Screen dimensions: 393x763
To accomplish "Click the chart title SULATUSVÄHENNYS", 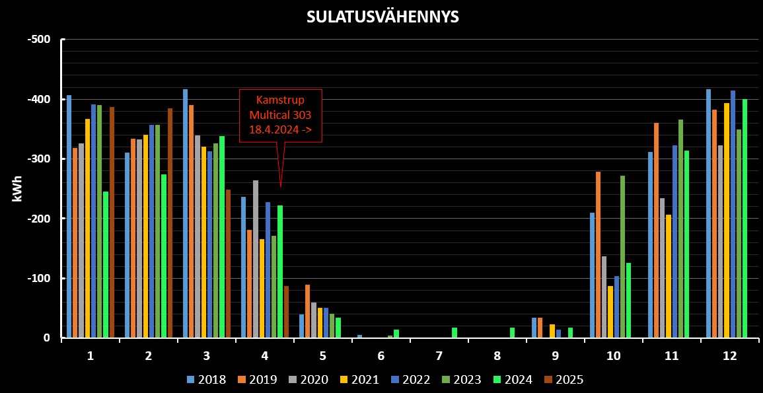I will tap(382, 17).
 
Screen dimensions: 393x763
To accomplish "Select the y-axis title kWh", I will tap(18, 189).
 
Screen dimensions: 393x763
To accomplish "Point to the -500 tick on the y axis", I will tap(39, 40).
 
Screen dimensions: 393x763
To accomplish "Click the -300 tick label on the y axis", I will tap(39, 159).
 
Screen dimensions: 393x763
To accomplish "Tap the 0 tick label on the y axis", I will tap(47, 338).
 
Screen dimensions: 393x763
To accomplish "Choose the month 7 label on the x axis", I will tap(439, 355).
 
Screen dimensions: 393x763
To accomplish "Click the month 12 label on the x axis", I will tap(729, 355).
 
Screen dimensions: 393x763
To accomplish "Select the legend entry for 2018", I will tap(205, 380).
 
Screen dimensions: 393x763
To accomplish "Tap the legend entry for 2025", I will tap(563, 380).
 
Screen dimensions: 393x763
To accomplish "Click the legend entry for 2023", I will tap(460, 380).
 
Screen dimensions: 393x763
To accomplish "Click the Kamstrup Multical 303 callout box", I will tap(280, 116).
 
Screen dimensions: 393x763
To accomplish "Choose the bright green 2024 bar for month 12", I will tap(745, 219).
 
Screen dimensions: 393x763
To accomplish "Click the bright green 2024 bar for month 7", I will tap(454, 333).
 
